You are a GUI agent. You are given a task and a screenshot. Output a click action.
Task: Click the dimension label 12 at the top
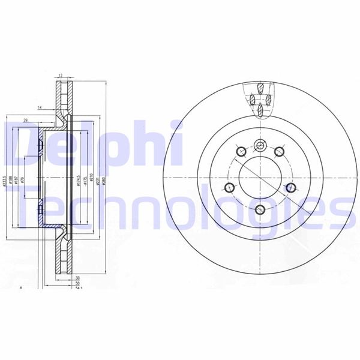pyautogui.click(x=61, y=76)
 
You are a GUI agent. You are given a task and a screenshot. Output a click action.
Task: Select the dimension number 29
pyautogui.click(x=25, y=122)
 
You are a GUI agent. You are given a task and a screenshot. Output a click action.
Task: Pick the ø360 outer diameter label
pyautogui.click(x=106, y=179)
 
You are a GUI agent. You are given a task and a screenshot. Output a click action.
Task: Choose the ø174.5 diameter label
pyautogui.click(x=79, y=180)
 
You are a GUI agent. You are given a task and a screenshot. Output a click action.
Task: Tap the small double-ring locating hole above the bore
pyautogui.click(x=260, y=146)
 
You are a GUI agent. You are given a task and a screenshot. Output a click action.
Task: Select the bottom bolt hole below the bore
pyautogui.click(x=260, y=209)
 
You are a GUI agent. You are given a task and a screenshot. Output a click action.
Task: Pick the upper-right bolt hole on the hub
pyautogui.click(x=280, y=152)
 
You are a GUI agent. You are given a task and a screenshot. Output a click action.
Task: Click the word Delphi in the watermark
pyautogui.click(x=90, y=141)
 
